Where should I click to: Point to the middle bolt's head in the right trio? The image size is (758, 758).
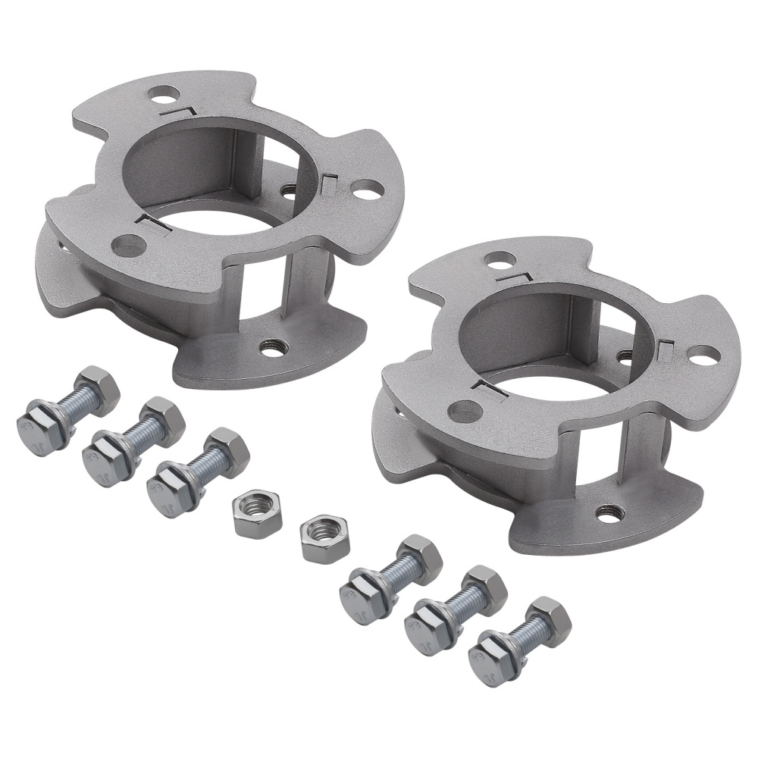[426, 625]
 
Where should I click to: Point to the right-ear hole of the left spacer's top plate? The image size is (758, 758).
[365, 189]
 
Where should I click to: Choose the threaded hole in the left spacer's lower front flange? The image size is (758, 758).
[272, 348]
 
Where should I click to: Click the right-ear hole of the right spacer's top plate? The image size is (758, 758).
[703, 353]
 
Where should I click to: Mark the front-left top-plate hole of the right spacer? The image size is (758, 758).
[464, 409]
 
